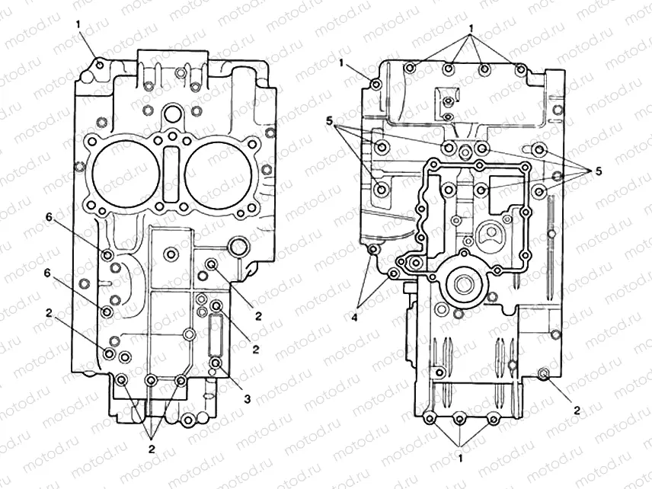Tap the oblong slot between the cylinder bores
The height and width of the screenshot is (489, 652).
(171, 167)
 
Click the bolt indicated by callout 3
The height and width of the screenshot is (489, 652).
(216, 364)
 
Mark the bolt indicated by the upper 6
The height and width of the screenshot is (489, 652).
(107, 254)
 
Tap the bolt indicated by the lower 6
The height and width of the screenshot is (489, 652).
(107, 312)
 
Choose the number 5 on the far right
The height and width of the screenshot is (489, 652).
(599, 172)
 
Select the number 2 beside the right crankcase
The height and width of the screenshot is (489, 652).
(577, 411)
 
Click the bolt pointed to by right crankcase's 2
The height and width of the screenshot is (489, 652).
(544, 373)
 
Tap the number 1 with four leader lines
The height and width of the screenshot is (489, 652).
(472, 28)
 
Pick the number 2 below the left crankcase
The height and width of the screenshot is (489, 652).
(152, 449)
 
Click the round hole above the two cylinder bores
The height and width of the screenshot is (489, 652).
(172, 115)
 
